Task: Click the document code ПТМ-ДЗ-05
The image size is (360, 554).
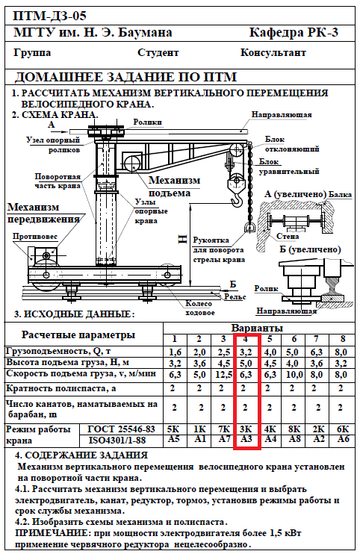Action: click(49, 16)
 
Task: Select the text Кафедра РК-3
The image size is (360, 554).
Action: click(294, 33)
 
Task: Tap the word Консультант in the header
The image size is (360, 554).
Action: click(273, 53)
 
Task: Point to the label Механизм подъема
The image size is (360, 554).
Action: click(174, 186)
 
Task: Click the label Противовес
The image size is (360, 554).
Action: click(35, 237)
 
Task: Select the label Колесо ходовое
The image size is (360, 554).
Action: click(199, 308)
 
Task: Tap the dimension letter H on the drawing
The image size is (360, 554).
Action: click(182, 240)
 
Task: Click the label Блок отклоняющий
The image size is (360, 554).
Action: click(292, 144)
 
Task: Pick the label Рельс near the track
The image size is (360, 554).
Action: click(235, 297)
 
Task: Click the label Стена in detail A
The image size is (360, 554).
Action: click(288, 237)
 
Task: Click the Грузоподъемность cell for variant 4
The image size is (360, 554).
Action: click(246, 352)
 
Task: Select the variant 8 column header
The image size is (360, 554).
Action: click(342, 339)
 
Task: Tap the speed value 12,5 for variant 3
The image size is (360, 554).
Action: click(223, 374)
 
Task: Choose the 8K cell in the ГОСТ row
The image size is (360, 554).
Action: click(294, 429)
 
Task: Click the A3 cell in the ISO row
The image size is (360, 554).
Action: click(246, 439)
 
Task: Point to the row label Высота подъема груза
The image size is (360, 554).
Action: click(67, 363)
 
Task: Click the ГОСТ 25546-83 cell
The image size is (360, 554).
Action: click(121, 429)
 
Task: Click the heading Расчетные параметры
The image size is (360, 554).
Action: click(78, 335)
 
